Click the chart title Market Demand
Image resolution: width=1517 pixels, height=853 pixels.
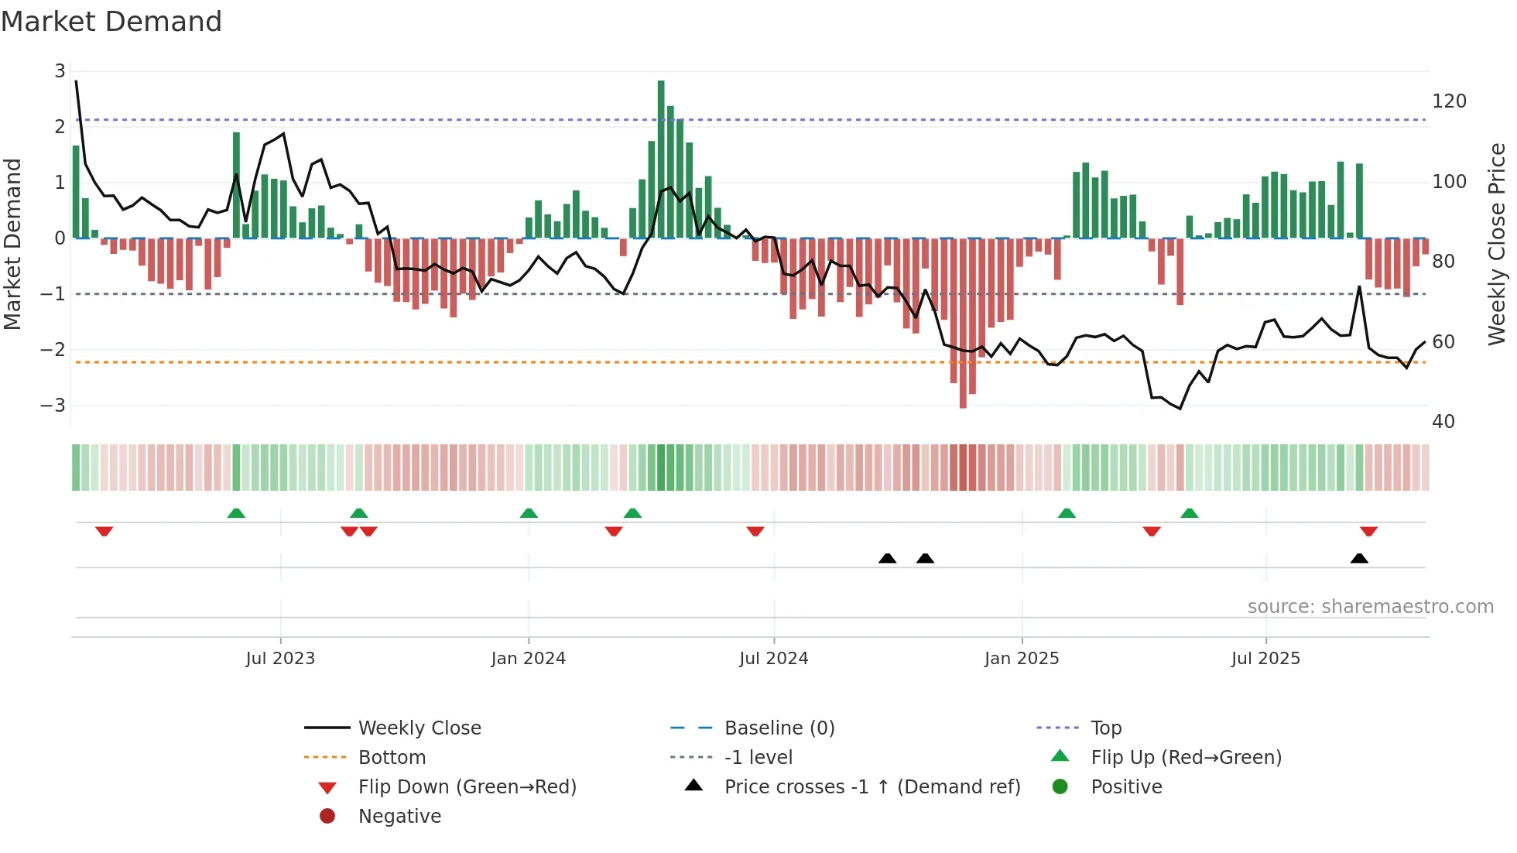(x=111, y=22)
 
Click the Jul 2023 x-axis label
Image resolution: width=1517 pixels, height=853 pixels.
(x=280, y=659)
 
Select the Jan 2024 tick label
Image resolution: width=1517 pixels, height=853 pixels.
(x=528, y=659)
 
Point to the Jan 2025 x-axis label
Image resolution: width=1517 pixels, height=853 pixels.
(x=1022, y=659)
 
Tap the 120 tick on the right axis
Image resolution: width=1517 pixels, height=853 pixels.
(x=1449, y=101)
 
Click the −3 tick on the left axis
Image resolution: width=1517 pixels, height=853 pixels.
(x=53, y=405)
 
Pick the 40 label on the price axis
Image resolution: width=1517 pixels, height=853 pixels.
(x=1443, y=422)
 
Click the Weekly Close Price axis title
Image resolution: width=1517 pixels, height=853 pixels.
(x=1497, y=244)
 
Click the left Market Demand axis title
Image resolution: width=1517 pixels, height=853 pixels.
(x=12, y=244)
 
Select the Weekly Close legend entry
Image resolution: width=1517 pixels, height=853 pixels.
(x=419, y=728)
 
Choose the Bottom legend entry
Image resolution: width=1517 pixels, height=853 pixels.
(x=392, y=758)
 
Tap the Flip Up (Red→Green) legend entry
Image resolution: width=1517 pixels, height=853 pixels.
(x=1186, y=758)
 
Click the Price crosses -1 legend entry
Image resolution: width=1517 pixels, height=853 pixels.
(x=872, y=787)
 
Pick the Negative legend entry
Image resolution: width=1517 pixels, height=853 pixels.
(x=399, y=817)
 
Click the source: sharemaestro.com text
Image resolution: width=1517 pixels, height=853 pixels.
(x=1370, y=607)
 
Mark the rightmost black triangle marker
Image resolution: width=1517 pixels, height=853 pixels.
(x=1359, y=558)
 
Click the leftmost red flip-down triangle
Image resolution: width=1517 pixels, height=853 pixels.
(x=104, y=531)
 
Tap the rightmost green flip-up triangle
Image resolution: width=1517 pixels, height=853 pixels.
(x=1190, y=513)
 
